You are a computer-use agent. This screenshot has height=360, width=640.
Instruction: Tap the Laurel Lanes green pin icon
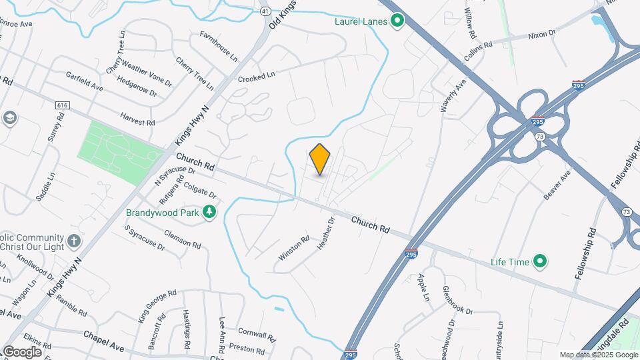coord(397,21)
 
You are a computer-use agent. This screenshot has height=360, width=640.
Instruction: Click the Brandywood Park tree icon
coord(210,213)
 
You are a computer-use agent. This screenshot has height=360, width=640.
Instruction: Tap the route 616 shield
coord(63,105)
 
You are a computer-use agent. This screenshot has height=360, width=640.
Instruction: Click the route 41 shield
coord(265,11)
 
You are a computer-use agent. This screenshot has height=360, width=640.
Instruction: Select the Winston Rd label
coord(294,247)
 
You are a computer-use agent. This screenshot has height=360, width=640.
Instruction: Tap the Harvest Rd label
coord(137,119)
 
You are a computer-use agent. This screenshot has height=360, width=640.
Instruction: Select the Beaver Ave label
coord(557,185)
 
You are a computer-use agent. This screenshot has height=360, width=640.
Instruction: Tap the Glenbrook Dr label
coord(457,301)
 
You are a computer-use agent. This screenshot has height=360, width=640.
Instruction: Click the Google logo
coord(22,351)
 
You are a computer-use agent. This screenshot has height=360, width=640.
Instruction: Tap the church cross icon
coord(74,240)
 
